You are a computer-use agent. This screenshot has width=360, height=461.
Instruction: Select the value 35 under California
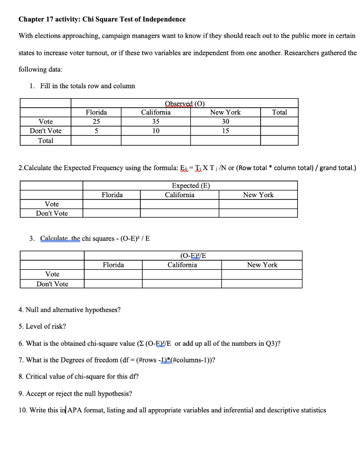click(x=156, y=122)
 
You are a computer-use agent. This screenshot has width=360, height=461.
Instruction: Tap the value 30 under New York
click(x=225, y=122)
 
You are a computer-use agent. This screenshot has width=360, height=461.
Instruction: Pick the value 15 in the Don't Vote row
click(x=225, y=131)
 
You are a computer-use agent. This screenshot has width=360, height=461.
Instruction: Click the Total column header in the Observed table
click(x=279, y=112)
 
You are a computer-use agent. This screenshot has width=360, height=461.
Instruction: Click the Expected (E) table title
click(x=191, y=185)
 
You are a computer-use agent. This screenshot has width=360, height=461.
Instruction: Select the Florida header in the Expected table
click(x=112, y=195)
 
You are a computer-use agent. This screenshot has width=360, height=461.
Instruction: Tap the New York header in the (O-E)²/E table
click(x=262, y=265)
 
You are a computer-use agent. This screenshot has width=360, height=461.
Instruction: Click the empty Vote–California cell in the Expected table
click(x=180, y=204)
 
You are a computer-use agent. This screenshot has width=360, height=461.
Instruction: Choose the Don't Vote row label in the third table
click(x=52, y=284)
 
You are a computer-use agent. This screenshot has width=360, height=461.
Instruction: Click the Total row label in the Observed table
click(x=45, y=140)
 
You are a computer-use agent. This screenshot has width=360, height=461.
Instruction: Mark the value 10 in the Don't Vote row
click(x=156, y=131)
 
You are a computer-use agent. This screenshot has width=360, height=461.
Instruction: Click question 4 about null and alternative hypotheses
click(x=70, y=310)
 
